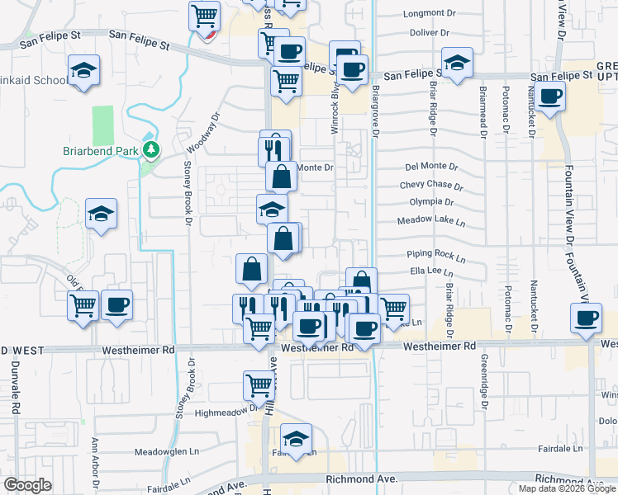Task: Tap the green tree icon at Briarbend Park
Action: pos(150,150)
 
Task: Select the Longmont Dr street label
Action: pos(430,14)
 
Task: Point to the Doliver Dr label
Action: pos(427,33)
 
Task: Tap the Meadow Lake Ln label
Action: pos(431,222)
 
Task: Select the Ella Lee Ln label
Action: pos(431,271)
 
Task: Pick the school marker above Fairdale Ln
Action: pos(296,438)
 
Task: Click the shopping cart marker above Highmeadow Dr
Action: pos(259,385)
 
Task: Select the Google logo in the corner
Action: pos(27,485)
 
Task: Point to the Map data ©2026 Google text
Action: pos(568,488)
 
